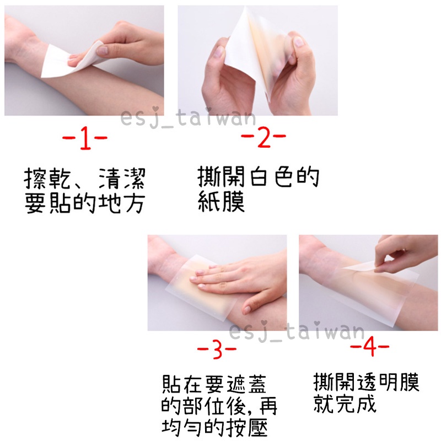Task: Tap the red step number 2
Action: point(264,137)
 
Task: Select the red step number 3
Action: point(217,349)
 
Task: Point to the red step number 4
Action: point(369,346)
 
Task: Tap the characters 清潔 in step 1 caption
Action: point(122,178)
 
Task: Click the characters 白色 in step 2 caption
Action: point(271,177)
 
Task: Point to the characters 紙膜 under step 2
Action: point(222,201)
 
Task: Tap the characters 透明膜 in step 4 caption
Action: point(388,381)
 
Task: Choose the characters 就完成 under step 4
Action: point(345,403)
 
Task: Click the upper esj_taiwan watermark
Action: point(188,118)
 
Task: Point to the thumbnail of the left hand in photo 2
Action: point(219,52)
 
